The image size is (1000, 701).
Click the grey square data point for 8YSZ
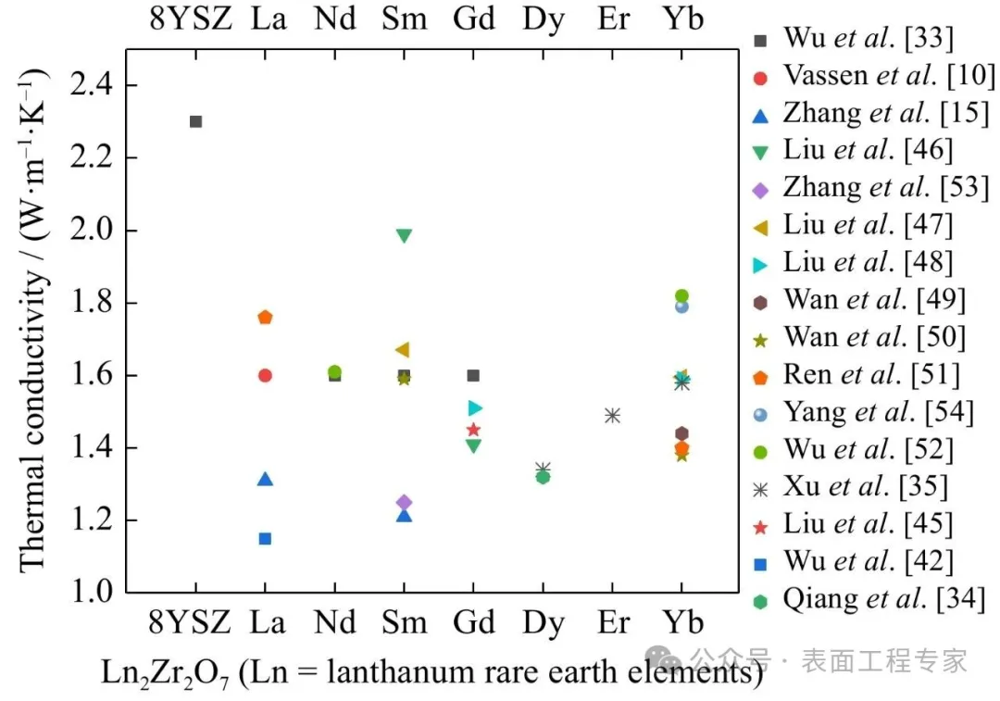[x=195, y=121]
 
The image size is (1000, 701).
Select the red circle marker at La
[x=265, y=375]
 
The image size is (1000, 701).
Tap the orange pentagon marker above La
[x=265, y=318]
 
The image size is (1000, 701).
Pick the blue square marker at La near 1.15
[x=265, y=538]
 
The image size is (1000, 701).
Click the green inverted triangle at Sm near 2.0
[x=404, y=235]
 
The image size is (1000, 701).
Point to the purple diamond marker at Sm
[x=404, y=503]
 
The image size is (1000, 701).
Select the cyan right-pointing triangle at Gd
[x=475, y=407]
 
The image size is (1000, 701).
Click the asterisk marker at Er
[x=612, y=416]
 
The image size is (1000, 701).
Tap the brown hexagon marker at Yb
[x=681, y=433]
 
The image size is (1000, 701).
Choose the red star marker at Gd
[x=473, y=430]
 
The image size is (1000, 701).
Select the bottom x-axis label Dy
[x=543, y=622]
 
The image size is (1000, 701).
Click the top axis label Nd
[x=334, y=19]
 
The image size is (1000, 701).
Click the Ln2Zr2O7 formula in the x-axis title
[x=168, y=673]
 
